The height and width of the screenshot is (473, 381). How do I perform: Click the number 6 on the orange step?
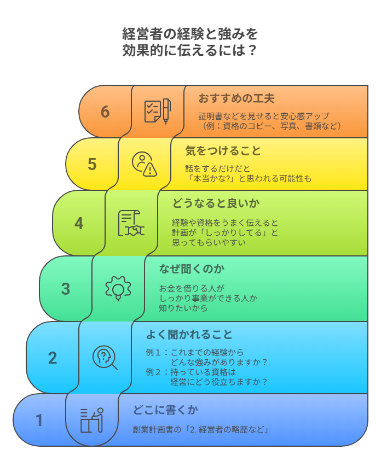pos(105,112)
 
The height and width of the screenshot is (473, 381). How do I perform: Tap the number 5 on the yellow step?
pos(92,165)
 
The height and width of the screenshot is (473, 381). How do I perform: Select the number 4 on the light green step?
pos(79,223)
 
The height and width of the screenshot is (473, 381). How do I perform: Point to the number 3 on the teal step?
pos(66,289)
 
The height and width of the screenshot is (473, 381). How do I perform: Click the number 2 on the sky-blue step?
pos(53,358)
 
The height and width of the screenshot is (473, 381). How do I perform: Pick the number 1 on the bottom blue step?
pos(39,420)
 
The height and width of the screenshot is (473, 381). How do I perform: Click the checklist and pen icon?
pos(157,111)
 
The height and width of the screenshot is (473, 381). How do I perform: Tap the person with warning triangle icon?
pos(145,164)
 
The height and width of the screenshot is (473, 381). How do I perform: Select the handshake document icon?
pos(131,223)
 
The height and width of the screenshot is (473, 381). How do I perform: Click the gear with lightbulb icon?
pos(118,288)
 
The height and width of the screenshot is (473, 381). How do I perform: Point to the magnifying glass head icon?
pos(105,358)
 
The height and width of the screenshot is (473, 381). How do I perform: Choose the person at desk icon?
pos(92,420)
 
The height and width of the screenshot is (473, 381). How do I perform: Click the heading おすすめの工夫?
pos(236,98)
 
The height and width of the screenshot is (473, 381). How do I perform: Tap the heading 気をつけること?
pos(223,150)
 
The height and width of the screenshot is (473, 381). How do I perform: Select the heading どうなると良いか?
pos(216,203)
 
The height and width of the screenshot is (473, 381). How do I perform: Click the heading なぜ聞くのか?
pos(192,269)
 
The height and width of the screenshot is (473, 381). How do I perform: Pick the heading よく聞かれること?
pos(189,335)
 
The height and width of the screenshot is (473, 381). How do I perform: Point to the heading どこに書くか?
pos(165,410)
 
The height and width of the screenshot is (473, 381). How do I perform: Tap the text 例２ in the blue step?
pos(153,372)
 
